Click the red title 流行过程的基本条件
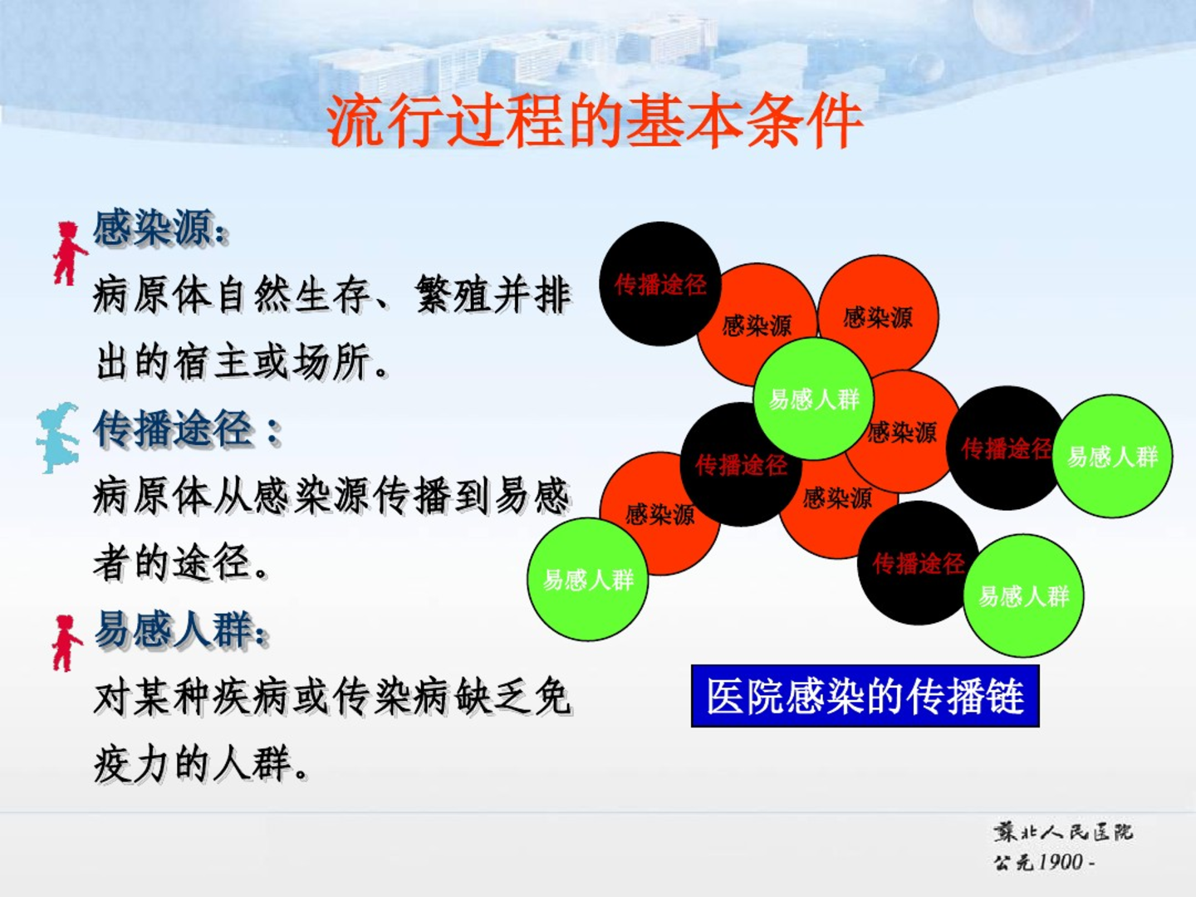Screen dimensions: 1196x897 coord(594,121)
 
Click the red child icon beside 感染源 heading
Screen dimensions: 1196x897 coord(69,253)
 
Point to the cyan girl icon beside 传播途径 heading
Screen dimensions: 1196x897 coord(58,438)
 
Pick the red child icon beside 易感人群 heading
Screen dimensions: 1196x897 coord(66,643)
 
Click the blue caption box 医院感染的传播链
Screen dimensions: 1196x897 coord(865,696)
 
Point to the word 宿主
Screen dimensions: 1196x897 coord(213,363)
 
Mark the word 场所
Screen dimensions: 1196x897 coord(332,363)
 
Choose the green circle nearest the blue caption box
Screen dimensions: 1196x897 coord(1024,596)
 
